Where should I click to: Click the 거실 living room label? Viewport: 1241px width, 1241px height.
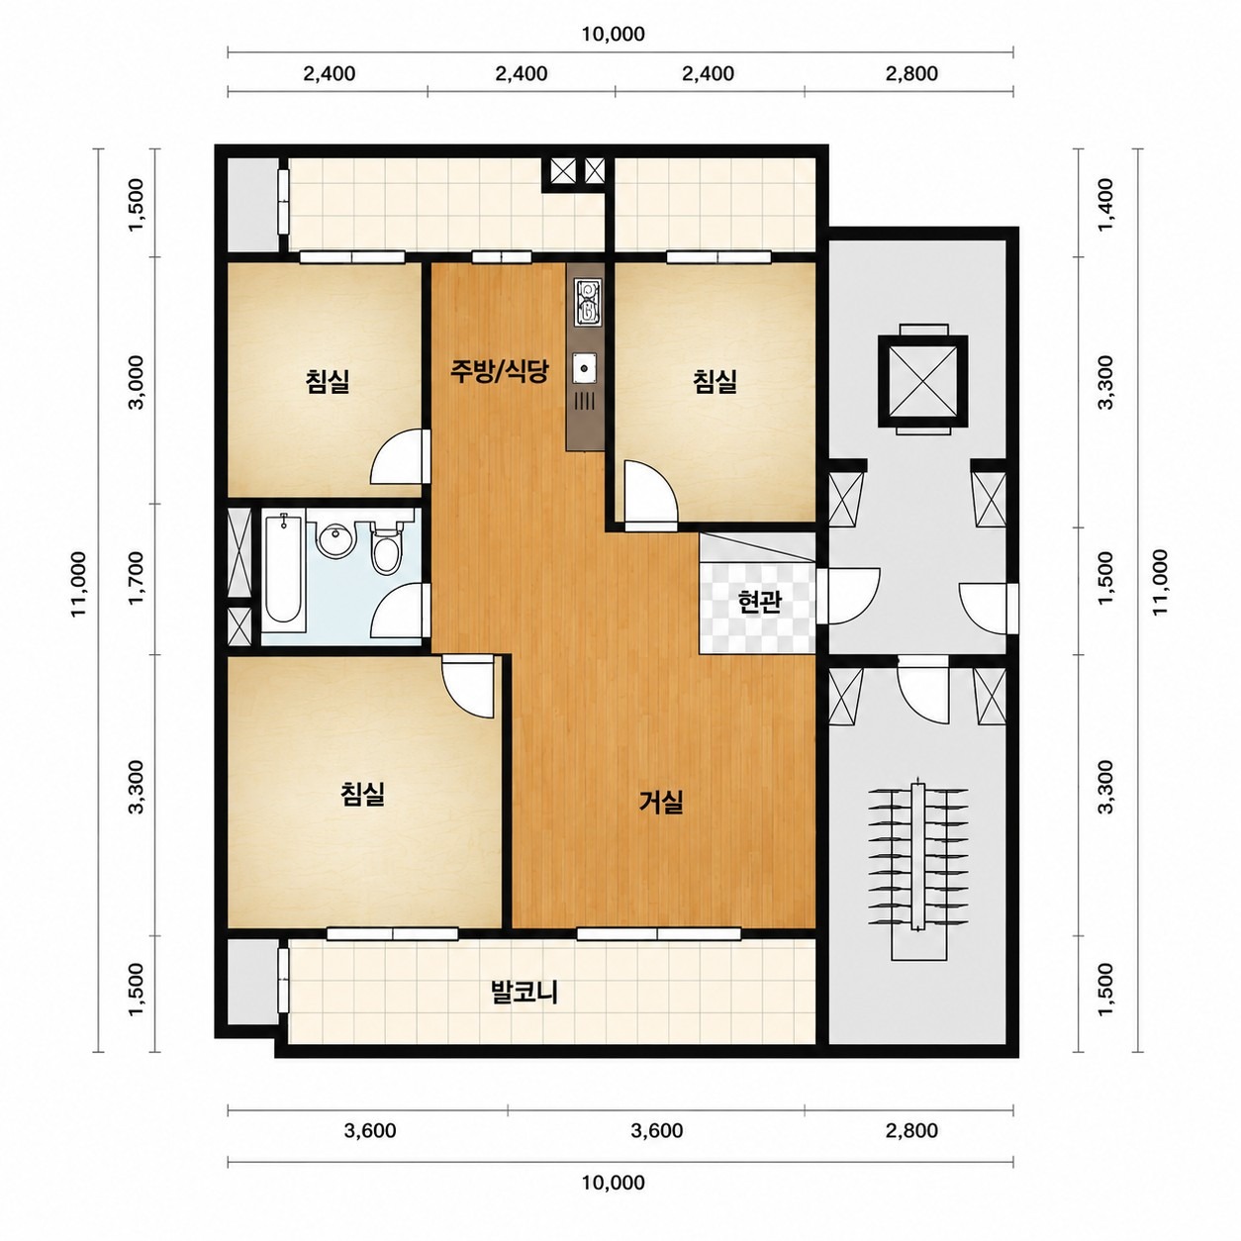pyautogui.click(x=661, y=802)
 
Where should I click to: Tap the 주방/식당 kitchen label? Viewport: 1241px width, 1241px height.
pyautogui.click(x=499, y=370)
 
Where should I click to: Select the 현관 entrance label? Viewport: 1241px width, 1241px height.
pyautogui.click(x=760, y=601)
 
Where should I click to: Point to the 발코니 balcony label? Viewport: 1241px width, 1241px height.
pyautogui.click(x=525, y=992)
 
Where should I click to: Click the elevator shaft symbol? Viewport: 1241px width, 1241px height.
pyautogui.click(x=923, y=380)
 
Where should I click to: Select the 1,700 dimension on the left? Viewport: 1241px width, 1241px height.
pyautogui.click(x=139, y=578)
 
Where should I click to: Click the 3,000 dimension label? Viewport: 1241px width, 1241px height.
pyautogui.click(x=138, y=382)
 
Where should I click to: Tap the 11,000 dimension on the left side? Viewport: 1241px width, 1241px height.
pyautogui.click(x=79, y=584)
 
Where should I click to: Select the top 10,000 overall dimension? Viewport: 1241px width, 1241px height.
pyautogui.click(x=614, y=34)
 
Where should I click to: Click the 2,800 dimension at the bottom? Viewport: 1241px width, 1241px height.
pyautogui.click(x=911, y=1130)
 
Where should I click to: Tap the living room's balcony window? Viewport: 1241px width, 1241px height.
pyautogui.click(x=659, y=933)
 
